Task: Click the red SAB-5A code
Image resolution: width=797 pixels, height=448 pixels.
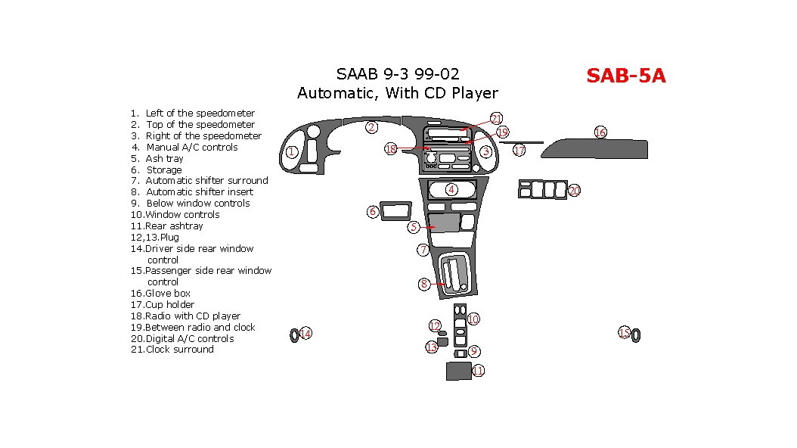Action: click(625, 76)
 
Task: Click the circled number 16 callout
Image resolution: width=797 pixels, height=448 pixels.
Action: click(600, 132)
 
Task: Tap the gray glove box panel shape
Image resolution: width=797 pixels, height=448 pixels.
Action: click(594, 148)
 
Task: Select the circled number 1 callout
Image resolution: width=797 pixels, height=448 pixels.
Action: click(291, 151)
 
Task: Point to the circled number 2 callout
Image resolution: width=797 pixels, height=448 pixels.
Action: click(371, 127)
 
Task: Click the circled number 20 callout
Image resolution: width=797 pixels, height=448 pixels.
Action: click(575, 190)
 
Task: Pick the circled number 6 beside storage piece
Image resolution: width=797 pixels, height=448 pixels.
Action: click(373, 212)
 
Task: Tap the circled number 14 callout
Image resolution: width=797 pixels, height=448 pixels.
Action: click(305, 334)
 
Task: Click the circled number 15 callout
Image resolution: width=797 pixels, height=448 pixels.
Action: click(624, 332)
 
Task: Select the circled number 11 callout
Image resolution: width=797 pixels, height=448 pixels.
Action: click(479, 371)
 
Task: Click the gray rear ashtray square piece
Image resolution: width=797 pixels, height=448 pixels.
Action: click(458, 372)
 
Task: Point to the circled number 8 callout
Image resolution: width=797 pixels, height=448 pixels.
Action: click(424, 285)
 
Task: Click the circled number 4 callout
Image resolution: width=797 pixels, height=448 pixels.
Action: click(451, 190)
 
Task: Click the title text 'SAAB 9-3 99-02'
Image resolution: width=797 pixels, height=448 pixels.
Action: click(398, 74)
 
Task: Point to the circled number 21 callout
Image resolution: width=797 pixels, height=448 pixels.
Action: click(496, 119)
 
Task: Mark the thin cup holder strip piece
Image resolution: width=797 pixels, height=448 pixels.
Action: click(521, 143)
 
